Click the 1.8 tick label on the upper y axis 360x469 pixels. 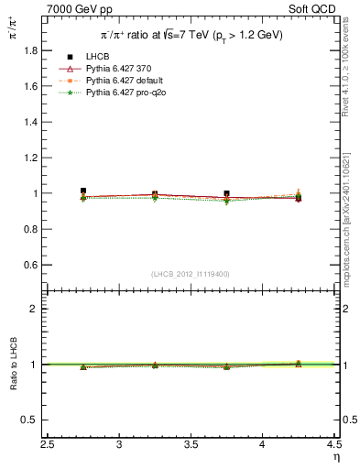pos(31,51)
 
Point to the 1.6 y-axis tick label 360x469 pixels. pos(31,87)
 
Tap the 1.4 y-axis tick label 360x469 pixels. pos(31,123)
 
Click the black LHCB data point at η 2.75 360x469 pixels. pos(83,191)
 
